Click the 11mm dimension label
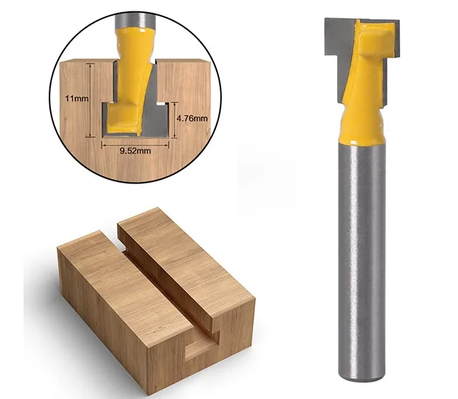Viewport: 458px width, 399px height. tap(77, 99)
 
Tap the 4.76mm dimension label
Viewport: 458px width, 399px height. tap(193, 118)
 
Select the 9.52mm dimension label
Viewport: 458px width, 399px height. tap(135, 151)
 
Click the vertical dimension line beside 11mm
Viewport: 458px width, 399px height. tap(91, 100)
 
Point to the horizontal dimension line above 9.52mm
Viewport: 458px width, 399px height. tap(135, 145)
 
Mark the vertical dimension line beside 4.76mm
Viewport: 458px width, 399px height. tap(175, 119)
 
